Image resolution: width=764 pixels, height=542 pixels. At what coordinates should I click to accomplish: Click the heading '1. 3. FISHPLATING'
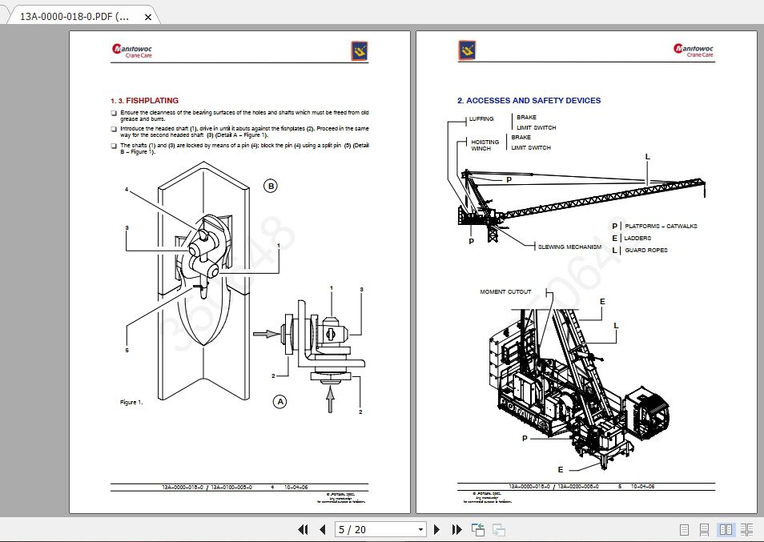[144, 101]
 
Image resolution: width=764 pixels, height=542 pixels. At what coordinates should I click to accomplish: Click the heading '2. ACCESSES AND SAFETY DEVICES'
[529, 101]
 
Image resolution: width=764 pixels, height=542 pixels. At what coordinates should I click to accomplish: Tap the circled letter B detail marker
[271, 186]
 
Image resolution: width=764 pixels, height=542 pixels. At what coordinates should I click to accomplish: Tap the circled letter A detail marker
[279, 402]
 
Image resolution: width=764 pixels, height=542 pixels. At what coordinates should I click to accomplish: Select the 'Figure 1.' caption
[131, 402]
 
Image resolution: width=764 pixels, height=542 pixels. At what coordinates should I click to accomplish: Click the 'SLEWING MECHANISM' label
[569, 247]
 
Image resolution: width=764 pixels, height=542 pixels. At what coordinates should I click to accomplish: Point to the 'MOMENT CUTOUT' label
[505, 291]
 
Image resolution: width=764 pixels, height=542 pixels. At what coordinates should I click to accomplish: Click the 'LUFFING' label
[482, 119]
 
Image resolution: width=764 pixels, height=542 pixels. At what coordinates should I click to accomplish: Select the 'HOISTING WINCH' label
[485, 145]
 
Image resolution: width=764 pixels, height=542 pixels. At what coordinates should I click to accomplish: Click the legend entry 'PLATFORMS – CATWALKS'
[661, 227]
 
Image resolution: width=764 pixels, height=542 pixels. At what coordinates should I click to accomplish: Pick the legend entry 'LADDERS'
[637, 239]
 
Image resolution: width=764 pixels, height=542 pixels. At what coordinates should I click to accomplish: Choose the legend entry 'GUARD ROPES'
[645, 251]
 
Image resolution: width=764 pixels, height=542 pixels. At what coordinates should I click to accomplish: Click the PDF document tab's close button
[147, 16]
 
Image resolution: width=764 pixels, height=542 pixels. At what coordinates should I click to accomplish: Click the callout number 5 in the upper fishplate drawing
[127, 350]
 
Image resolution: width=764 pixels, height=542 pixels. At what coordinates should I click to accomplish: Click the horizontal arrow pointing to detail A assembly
[263, 332]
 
